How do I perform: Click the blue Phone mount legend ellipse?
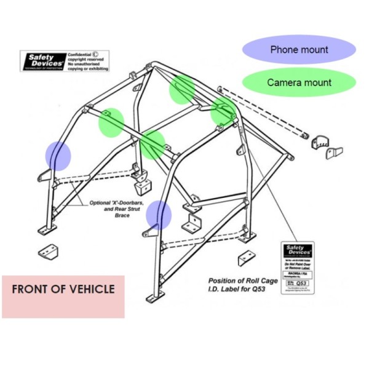coord(299,50)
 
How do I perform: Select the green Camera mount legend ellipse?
coord(299,82)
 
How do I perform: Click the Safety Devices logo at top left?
coord(42,61)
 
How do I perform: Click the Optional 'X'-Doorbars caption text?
coord(116,203)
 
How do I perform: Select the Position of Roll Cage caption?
coord(242,280)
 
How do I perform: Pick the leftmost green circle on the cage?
coord(111,122)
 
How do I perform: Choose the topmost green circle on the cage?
coord(182,90)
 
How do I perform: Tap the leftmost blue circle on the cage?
coord(59,155)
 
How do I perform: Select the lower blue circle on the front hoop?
coord(159,215)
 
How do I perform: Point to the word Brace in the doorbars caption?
coord(122,216)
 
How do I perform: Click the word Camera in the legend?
coord(284,82)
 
